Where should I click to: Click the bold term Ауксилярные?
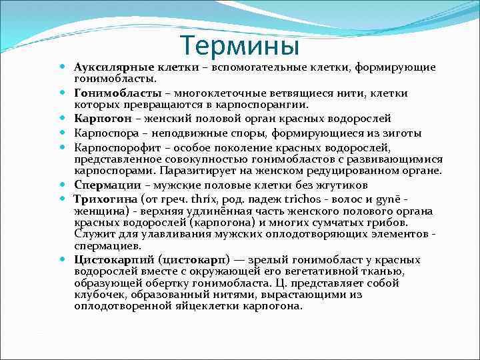(x=114, y=67)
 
